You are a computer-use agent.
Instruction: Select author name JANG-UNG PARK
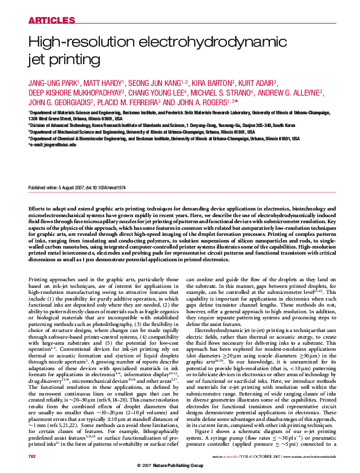click(x=51, y=83)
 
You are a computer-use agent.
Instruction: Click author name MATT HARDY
click(x=103, y=83)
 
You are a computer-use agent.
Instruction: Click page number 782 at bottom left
click(x=33, y=455)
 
